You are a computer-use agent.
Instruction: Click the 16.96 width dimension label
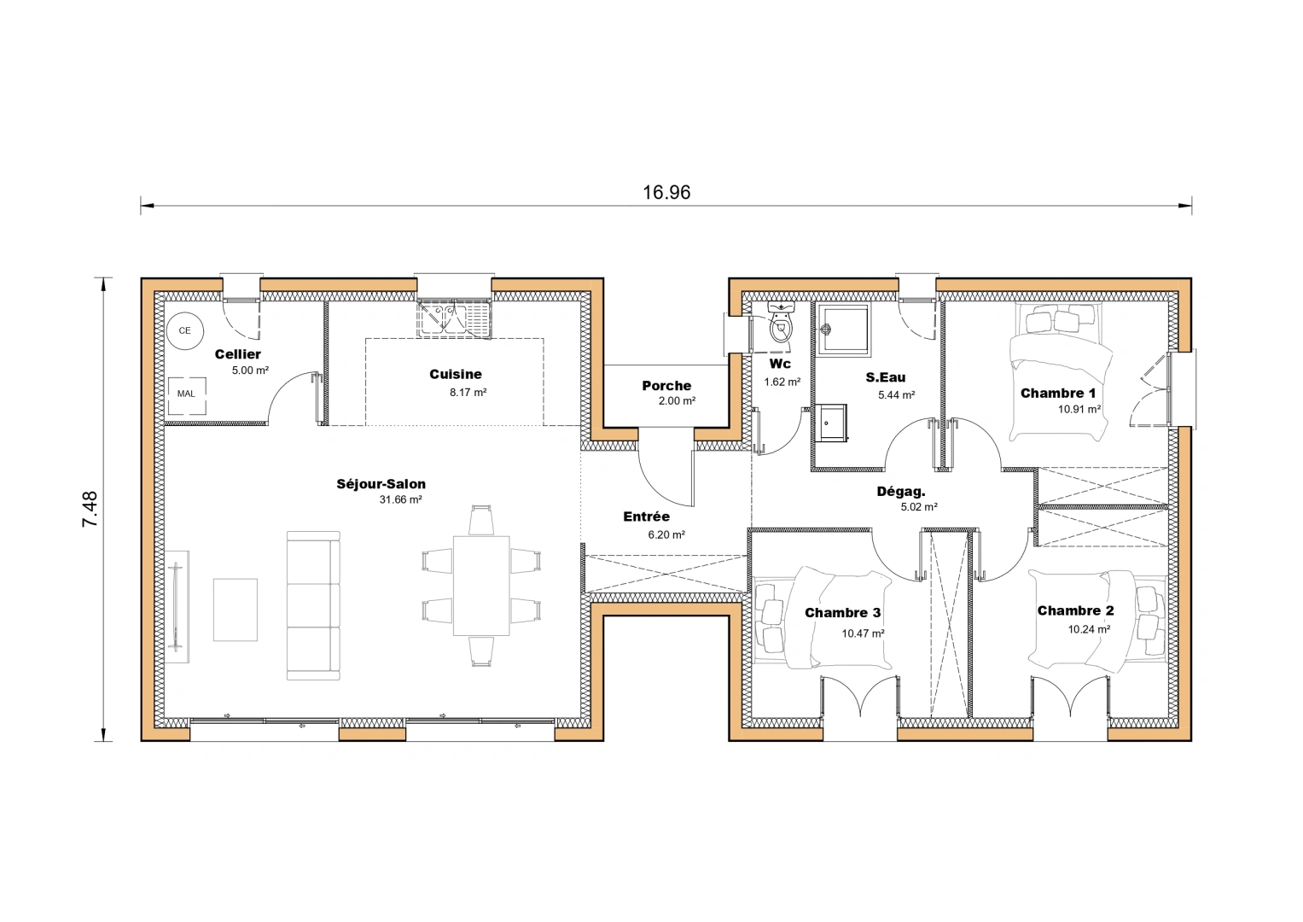click(666, 192)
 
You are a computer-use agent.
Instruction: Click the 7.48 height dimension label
click(90, 509)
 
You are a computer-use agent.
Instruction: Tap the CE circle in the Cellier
click(184, 330)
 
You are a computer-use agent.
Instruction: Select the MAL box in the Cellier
click(186, 394)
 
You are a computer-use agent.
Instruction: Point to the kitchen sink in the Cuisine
click(455, 318)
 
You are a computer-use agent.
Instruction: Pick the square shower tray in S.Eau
click(843, 330)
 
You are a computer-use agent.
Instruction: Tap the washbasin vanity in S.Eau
click(831, 423)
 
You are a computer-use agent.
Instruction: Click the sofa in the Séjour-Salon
click(313, 605)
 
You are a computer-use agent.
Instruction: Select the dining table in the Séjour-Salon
click(481, 585)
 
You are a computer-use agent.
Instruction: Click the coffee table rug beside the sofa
click(235, 610)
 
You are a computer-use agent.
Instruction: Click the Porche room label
click(666, 386)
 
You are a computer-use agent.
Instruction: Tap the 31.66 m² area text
click(400, 500)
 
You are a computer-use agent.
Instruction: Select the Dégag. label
click(901, 491)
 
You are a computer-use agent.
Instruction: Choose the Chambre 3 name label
click(842, 613)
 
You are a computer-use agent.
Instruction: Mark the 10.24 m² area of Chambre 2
click(1089, 629)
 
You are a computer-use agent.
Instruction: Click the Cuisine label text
click(456, 374)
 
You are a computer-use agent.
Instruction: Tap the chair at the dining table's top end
click(481, 520)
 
